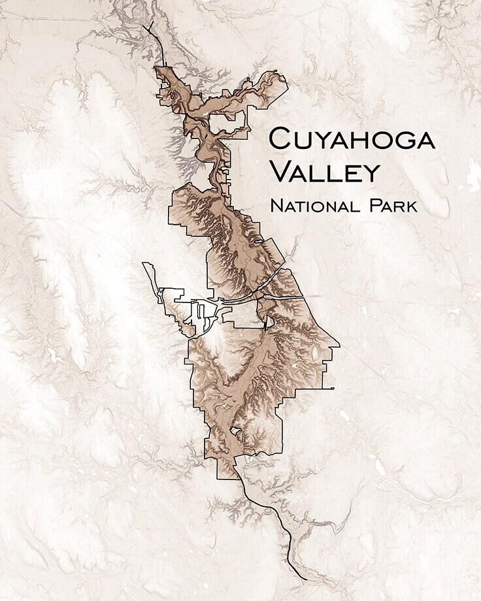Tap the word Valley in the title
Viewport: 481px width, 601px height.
pyautogui.click(x=324, y=172)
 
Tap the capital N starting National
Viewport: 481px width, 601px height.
pyautogui.click(x=275, y=206)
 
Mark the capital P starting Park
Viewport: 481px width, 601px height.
pyautogui.click(x=374, y=206)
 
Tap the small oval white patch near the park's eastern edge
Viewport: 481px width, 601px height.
pyautogui.click(x=316, y=353)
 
